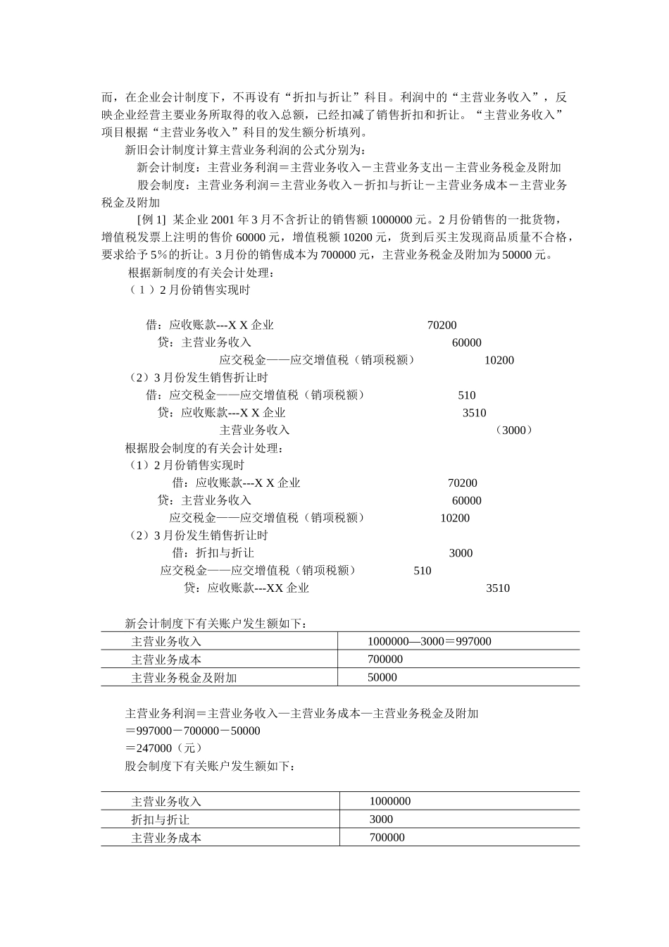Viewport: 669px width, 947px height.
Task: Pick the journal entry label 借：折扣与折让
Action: coord(213,553)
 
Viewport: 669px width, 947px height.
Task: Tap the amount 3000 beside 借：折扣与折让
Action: coord(461,553)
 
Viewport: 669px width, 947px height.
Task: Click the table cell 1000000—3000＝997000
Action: coord(429,641)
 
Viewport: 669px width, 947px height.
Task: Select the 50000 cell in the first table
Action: coord(382,678)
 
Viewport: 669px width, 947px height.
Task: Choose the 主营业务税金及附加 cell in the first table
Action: coord(184,678)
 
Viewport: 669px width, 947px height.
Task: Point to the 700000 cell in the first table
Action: coord(385,660)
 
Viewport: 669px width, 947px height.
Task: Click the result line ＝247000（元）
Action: coord(163,748)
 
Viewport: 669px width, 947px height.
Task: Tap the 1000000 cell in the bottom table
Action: coord(389,801)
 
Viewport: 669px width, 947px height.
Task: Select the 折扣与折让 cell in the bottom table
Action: coord(160,819)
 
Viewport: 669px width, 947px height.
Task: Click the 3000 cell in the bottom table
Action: coord(381,819)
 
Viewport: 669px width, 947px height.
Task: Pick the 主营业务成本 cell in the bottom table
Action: coord(166,838)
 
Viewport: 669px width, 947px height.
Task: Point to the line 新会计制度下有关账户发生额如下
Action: coord(215,624)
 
